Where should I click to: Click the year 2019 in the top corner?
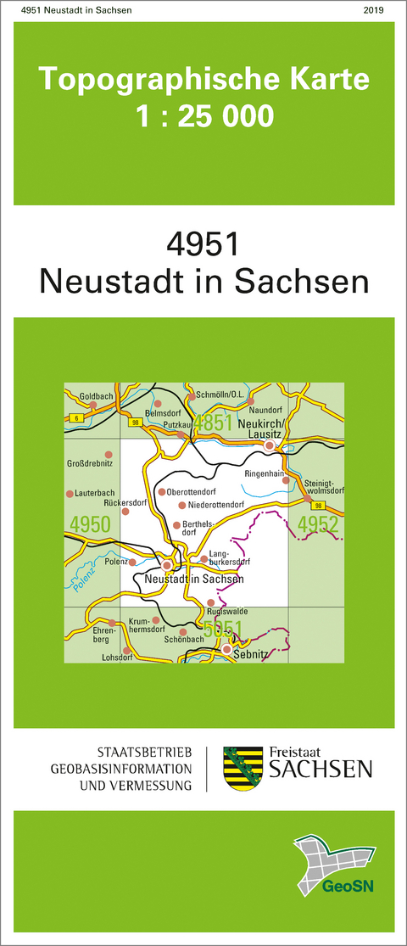click(372, 9)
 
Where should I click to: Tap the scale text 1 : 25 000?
click(204, 115)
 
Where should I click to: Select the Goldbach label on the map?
click(96, 396)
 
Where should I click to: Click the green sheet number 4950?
click(91, 524)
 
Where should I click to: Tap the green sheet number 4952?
click(318, 524)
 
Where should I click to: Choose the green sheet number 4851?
click(212, 423)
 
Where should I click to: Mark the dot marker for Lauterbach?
click(70, 494)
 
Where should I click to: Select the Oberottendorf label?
click(193, 492)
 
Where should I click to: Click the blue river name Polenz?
click(82, 578)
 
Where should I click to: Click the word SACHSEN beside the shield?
click(320, 769)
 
